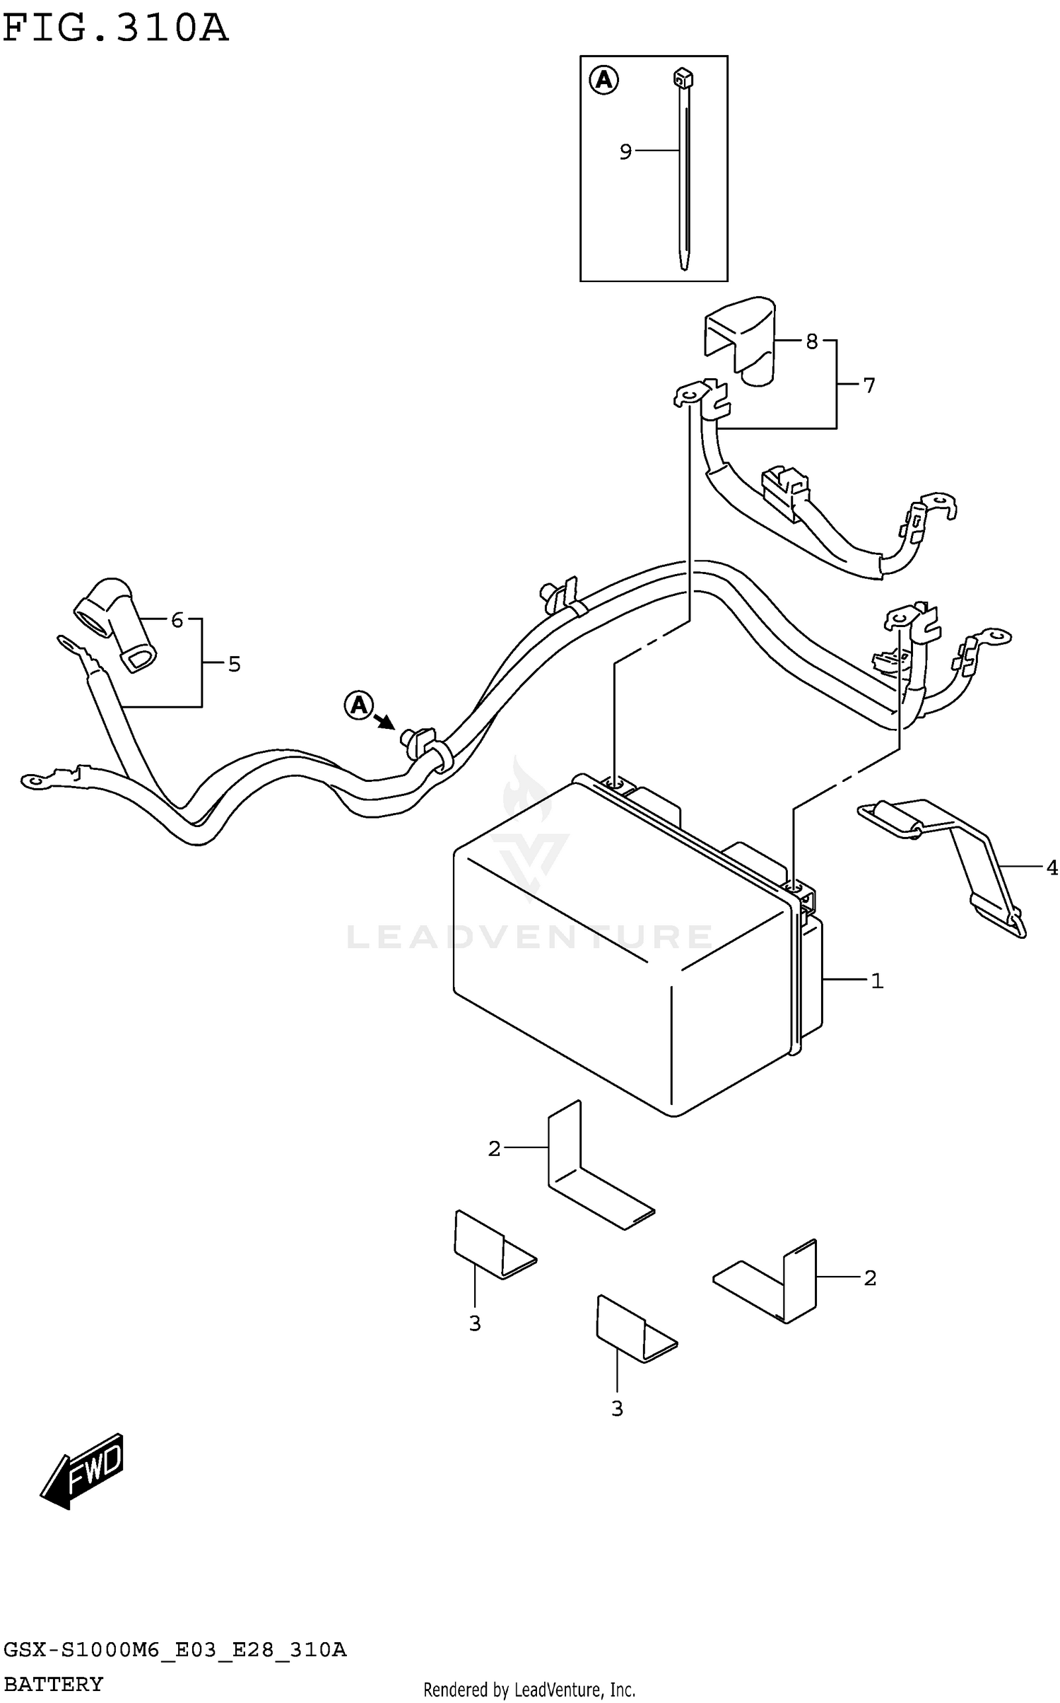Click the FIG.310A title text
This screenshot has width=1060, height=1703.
[x=116, y=28]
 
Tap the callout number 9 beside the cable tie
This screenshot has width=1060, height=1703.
[x=625, y=152]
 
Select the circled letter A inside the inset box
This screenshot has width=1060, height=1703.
[x=603, y=80]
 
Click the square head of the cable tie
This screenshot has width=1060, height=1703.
[x=682, y=76]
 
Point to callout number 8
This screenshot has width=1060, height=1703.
[x=811, y=342]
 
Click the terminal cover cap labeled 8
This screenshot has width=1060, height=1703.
[x=739, y=341]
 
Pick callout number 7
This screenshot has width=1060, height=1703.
[x=868, y=385]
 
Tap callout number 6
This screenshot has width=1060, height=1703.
[x=177, y=620]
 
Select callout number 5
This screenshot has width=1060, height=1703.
[x=234, y=665]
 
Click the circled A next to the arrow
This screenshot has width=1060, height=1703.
[x=358, y=705]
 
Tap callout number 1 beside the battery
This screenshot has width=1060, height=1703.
[x=877, y=981]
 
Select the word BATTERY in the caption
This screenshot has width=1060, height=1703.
[x=54, y=1685]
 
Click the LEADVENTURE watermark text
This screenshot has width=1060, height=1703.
[x=529, y=937]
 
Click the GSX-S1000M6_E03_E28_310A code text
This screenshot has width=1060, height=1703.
[x=175, y=1651]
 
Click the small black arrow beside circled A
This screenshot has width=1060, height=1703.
[x=385, y=721]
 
